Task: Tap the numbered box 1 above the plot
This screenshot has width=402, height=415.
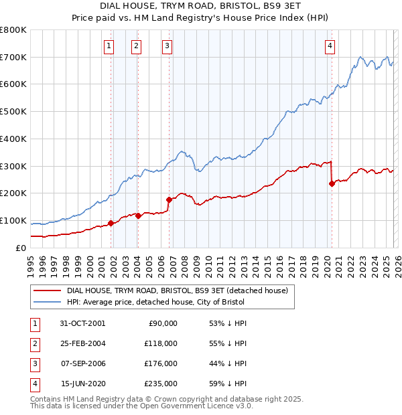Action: [x=109, y=46]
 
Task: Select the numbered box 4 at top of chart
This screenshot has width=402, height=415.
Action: [x=330, y=46]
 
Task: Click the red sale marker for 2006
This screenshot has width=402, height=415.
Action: [x=169, y=199]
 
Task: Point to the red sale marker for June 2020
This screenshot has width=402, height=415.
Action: [x=332, y=183]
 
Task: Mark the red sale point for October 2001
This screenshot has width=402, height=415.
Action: [x=111, y=223]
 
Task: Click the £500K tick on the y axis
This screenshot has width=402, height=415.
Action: [x=13, y=111]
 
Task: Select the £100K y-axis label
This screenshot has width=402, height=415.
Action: [x=13, y=220]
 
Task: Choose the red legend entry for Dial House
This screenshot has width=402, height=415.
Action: [x=178, y=290]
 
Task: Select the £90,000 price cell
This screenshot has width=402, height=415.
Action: [x=163, y=323]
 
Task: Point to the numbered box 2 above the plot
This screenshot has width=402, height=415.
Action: [x=136, y=46]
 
